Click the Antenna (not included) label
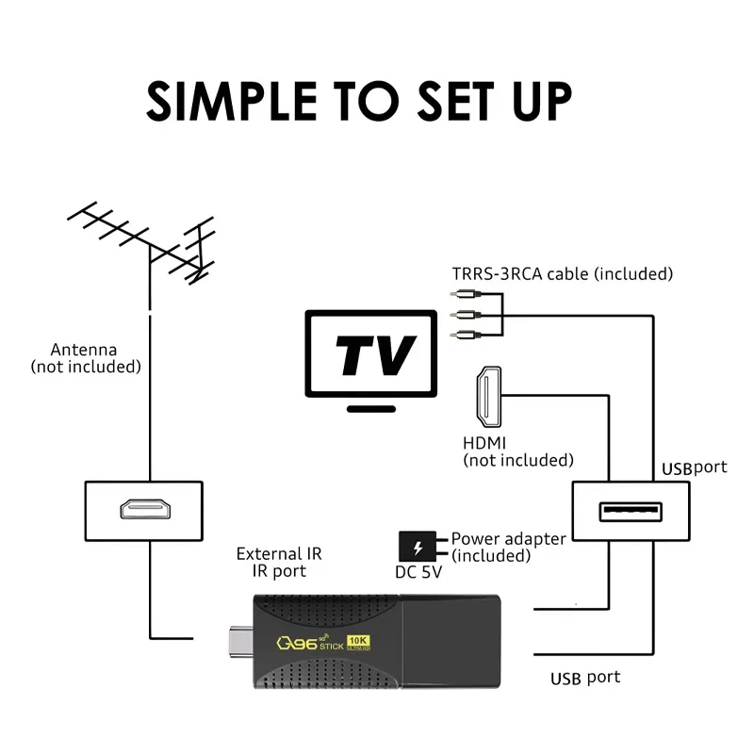[85, 357]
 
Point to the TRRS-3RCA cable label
[561, 274]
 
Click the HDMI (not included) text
[517, 451]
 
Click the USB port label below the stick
[584, 678]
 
